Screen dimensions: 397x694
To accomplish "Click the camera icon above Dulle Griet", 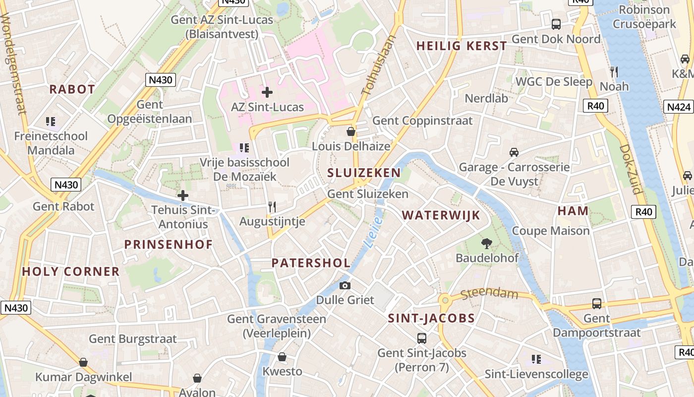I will [345, 285].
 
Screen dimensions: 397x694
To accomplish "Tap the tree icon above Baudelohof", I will [487, 243].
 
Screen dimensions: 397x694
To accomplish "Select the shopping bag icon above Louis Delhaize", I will [351, 132].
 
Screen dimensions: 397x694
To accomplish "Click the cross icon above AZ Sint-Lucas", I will [267, 92].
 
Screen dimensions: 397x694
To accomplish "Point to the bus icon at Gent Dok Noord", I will [556, 24].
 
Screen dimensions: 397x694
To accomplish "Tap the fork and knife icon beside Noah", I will [614, 72].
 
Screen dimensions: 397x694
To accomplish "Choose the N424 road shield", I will [678, 107].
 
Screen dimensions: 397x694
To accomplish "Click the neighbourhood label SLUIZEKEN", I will [364, 173].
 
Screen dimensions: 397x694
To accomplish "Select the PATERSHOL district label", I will [311, 263].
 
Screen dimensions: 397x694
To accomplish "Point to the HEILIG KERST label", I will [462, 46].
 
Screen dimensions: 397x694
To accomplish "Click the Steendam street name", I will [489, 294].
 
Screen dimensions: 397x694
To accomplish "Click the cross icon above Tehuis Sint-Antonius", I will [183, 196].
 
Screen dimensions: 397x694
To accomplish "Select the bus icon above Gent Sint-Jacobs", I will [422, 338].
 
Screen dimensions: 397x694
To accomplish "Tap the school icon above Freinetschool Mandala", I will [51, 122].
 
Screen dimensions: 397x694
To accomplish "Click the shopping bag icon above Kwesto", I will [282, 357].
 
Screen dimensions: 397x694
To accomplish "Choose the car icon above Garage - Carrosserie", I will [514, 152].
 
